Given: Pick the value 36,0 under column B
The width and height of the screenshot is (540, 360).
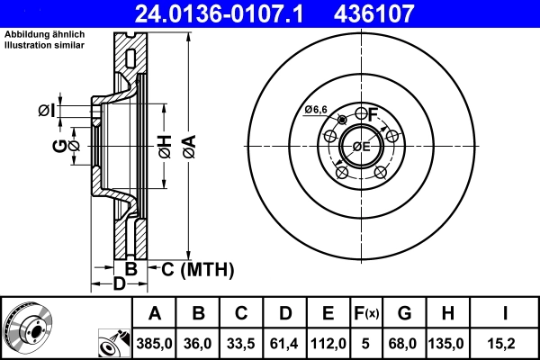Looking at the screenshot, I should pyautogui.click(x=199, y=343).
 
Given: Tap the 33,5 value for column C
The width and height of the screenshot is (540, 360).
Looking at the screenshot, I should pyautogui.click(x=242, y=343).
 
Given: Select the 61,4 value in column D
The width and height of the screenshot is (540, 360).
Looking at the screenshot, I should pyautogui.click(x=285, y=343).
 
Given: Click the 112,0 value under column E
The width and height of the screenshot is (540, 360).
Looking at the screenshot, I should pyautogui.click(x=328, y=343).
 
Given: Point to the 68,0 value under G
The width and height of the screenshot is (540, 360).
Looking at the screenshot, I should pyautogui.click(x=405, y=343).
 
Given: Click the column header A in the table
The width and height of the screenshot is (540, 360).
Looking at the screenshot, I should pyautogui.click(x=155, y=314).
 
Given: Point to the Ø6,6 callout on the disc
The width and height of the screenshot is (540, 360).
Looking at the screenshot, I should pyautogui.click(x=316, y=109).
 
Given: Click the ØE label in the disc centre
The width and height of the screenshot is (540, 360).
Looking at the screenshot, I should pyautogui.click(x=360, y=146).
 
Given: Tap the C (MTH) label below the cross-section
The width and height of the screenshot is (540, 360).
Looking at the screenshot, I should pyautogui.click(x=197, y=269).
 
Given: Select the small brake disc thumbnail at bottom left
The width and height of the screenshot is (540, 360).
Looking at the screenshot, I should pyautogui.click(x=31, y=326).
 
